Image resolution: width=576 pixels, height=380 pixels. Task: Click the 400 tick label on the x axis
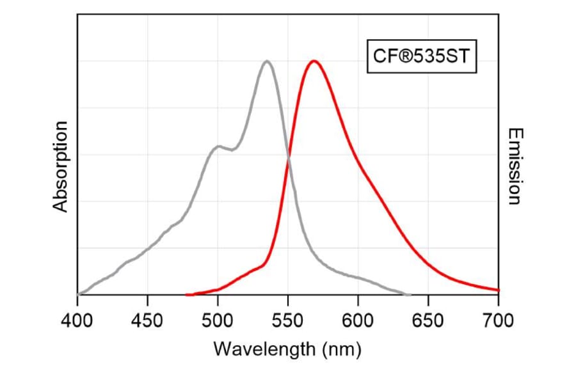click(77, 319)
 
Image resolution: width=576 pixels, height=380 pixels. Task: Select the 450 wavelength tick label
click(147, 319)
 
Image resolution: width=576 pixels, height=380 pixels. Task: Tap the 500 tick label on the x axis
click(218, 319)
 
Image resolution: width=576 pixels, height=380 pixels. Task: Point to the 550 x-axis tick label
click(288, 319)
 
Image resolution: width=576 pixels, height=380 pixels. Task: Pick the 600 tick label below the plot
click(358, 319)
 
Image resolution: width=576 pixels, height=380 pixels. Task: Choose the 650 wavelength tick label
click(428, 319)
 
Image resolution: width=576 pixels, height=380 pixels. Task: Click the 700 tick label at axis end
click(498, 319)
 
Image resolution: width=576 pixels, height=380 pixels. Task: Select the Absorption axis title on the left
click(60, 166)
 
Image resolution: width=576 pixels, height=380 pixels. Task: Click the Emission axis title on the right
click(514, 166)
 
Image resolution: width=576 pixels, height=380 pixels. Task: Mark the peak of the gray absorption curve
click(267, 61)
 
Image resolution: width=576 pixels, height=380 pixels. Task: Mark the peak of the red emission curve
click(314, 61)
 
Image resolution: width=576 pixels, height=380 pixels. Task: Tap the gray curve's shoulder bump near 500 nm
click(218, 146)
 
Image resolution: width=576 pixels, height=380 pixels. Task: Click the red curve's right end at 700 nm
click(498, 290)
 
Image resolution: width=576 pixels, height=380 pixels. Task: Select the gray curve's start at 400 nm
click(78, 294)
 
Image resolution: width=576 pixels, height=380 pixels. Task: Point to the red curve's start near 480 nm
click(187, 295)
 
